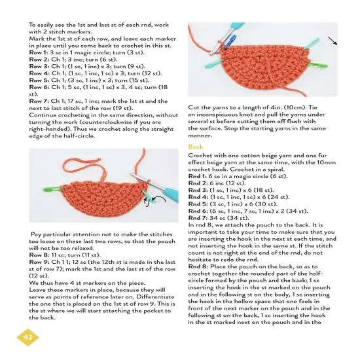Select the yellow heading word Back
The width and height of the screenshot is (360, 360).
[196, 147]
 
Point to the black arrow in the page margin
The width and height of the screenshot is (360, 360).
[335, 43]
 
